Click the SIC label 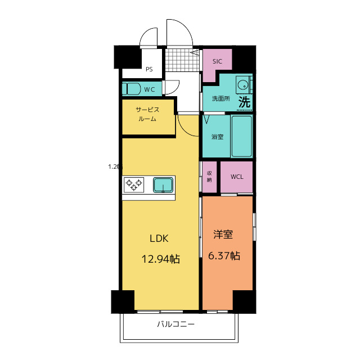(217, 61)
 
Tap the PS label (149, 70)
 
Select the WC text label (149, 89)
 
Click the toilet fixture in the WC (133, 89)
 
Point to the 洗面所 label (220, 99)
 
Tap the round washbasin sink (243, 85)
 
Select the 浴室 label (217, 137)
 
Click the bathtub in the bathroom (242, 136)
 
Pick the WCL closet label (237, 177)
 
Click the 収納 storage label (209, 177)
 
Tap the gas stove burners (134, 184)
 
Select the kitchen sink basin (164, 184)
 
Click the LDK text (159, 238)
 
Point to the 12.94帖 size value (160, 259)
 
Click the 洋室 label (223, 235)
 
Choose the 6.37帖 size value (224, 256)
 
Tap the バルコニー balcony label (175, 325)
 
